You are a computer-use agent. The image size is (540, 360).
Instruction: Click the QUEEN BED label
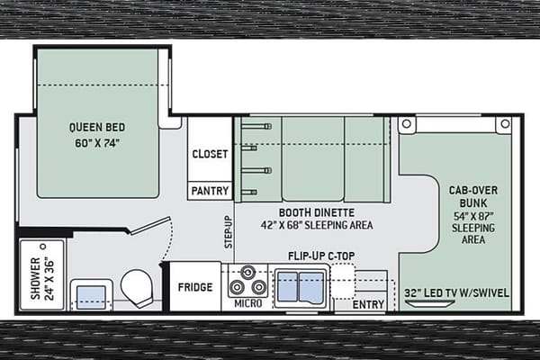pos(97,127)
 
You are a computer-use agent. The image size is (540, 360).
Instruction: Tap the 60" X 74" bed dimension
pos(97,143)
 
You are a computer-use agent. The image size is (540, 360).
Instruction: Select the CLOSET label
pos(210,154)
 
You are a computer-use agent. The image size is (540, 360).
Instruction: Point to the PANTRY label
pos(210,191)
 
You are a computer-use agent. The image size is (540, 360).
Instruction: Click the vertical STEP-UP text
pos(229,232)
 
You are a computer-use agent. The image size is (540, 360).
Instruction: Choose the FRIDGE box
pos(195,286)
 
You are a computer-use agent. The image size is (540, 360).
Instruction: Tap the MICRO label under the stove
pos(248,303)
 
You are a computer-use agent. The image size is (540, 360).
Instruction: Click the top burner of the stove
pos(247,273)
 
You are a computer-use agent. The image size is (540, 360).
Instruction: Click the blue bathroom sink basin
pos(91,297)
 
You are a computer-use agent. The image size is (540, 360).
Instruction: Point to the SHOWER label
pos(35,278)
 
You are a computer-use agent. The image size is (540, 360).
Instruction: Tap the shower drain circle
pos(43,247)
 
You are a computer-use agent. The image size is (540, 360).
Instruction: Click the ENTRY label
pos(368,304)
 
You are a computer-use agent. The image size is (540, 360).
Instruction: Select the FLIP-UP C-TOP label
pos(321,256)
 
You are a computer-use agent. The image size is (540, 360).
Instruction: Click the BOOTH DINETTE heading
pos(317,212)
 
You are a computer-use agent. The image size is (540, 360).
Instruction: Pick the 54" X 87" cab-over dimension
pos(473,216)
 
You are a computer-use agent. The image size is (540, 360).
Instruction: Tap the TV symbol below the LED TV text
pos(430,303)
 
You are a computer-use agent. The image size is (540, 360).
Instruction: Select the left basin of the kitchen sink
pos(288,286)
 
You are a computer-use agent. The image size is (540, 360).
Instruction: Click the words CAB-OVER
pos(473,190)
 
